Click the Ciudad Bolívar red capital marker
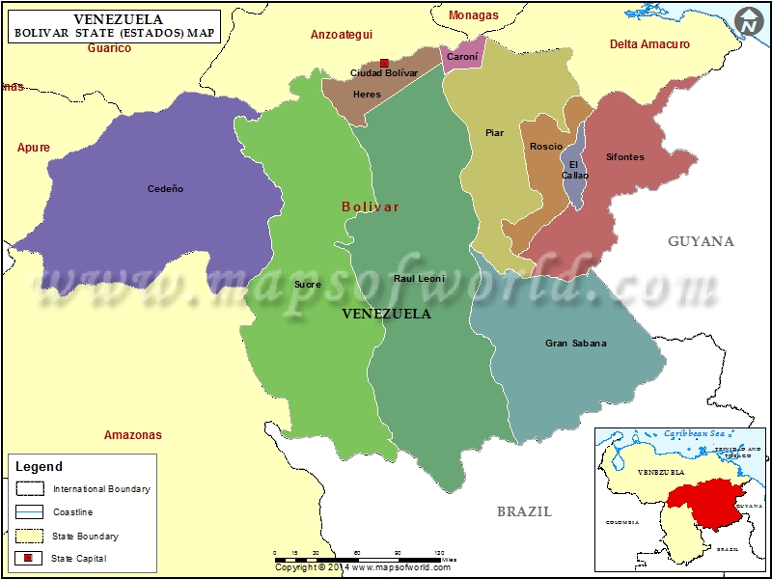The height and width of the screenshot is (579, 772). pos(384,63)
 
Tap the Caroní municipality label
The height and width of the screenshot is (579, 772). pos(462,57)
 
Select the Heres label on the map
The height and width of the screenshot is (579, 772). pos(367,95)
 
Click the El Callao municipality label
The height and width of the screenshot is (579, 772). pos(575,170)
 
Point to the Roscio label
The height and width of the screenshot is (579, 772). pos(546,147)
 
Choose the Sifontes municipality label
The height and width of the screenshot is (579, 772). pos(624,157)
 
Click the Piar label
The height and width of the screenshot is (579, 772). pos(494,133)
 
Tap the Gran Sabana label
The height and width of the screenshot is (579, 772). pos(576,343)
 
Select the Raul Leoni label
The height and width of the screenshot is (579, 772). pos(419,279)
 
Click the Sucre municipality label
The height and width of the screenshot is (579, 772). pos(307,285)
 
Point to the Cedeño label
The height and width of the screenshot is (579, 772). pos(165,189)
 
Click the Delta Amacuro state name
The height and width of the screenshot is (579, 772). pos(649,44)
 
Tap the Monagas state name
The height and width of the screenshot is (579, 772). pos(474,15)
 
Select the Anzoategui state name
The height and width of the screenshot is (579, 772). pos(341,35)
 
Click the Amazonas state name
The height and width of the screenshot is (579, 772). pos(133,435)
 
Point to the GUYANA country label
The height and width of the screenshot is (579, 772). pos(701,241)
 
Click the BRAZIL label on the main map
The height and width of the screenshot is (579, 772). pos(524,511)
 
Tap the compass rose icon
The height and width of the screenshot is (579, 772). pos(747,20)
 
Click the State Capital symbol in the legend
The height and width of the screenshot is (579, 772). pos(27,558)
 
